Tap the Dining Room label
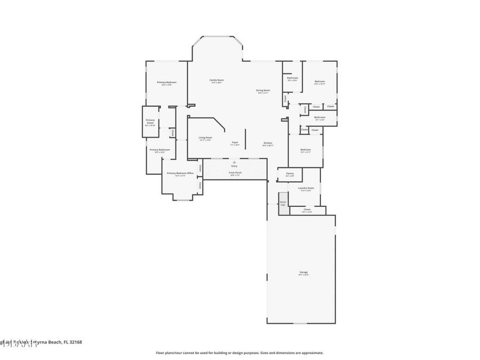point(263,90)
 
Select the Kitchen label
point(268,143)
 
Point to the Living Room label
point(205,138)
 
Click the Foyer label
point(235,142)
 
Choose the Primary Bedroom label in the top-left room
point(166,82)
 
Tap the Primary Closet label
point(150,122)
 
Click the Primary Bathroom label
point(159,150)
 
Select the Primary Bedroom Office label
point(180,173)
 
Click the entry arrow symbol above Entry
point(234,162)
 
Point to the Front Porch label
point(235,172)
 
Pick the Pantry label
point(290,173)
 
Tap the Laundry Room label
point(306,188)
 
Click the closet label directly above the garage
point(307,210)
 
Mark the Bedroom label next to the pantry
point(305,150)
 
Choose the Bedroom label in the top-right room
point(319,81)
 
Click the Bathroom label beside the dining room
point(292,78)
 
